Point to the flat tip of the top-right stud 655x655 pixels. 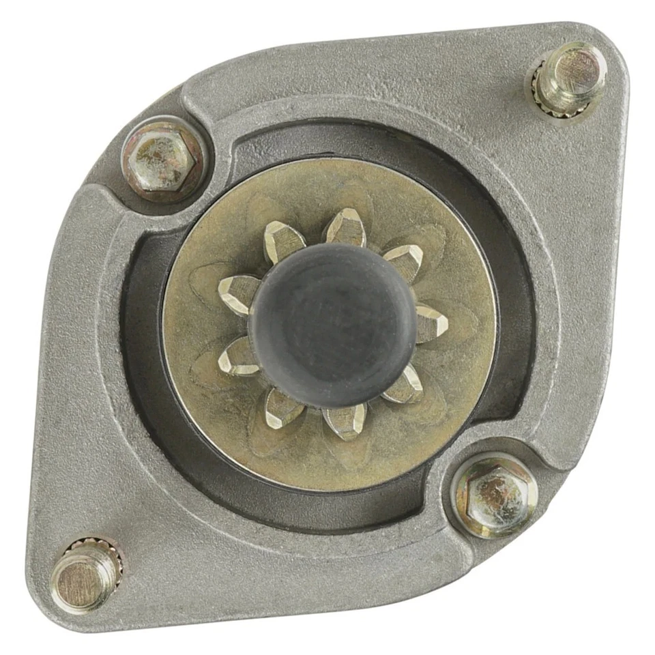pyautogui.click(x=578, y=70)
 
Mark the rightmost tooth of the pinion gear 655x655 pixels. pyautogui.click(x=431, y=323)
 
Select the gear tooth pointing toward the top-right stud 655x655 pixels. pyautogui.click(x=405, y=260)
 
